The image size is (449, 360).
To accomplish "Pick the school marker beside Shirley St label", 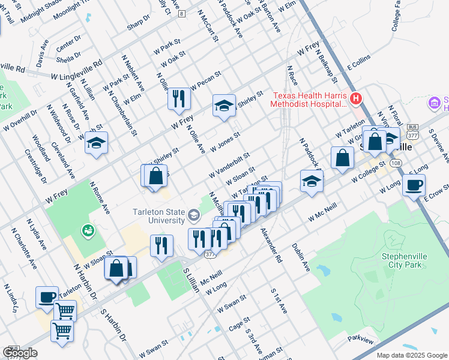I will pos(224,106).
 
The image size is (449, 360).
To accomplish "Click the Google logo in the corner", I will pos(20,353).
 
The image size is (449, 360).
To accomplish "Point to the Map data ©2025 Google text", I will pos(411,355).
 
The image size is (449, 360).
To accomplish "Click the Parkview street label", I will pos(360,340).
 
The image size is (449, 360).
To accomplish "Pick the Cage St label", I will pos(238,325).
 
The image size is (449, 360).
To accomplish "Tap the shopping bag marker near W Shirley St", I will pos(155,176).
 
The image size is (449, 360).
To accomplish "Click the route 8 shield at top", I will pos(181,12).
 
